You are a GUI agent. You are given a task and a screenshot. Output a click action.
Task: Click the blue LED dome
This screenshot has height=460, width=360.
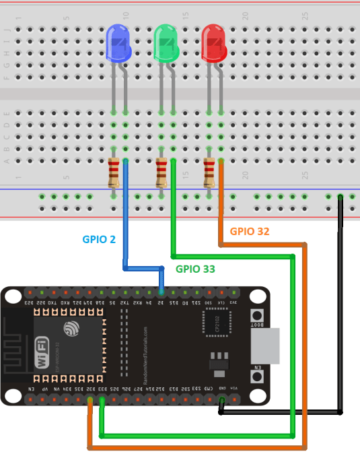[119, 42]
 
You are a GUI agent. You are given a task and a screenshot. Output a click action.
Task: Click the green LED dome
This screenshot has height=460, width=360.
[167, 42]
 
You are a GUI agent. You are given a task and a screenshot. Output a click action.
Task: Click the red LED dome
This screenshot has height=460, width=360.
[215, 42]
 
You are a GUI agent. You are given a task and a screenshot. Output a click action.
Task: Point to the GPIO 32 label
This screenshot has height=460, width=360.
[250, 230]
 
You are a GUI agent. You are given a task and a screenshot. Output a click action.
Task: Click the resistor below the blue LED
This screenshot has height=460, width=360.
[114, 172]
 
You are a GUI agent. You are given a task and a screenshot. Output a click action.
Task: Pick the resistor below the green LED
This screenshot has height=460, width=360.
[161, 172]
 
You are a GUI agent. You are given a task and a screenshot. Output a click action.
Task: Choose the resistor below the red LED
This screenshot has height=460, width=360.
[209, 172]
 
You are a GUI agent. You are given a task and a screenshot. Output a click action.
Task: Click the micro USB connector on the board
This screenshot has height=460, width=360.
[265, 346]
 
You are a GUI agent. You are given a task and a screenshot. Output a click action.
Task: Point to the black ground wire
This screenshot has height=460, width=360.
[340, 303]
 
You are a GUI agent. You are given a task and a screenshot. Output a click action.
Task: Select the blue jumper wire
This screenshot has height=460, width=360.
[125, 222]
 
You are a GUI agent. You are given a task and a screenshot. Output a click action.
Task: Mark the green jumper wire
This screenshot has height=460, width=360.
[293, 337]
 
